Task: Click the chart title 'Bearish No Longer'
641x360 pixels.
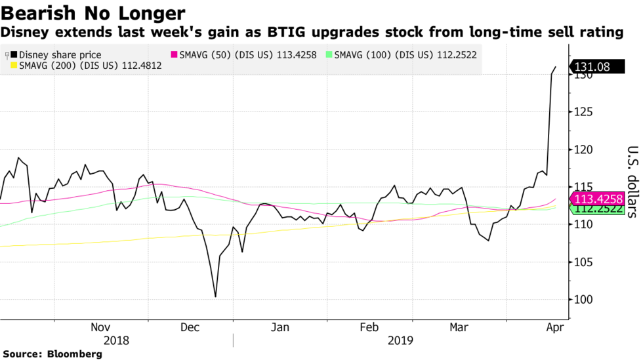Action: (93, 12)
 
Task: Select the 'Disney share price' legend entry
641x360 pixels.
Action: (60, 56)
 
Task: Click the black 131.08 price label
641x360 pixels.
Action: (596, 67)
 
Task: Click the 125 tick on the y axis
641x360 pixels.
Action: (581, 113)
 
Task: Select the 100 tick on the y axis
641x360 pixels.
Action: (581, 300)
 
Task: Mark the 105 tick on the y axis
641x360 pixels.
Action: (581, 262)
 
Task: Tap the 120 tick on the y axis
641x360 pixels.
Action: (581, 150)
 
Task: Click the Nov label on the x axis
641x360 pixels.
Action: (100, 327)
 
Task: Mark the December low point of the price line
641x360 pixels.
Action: (215, 296)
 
